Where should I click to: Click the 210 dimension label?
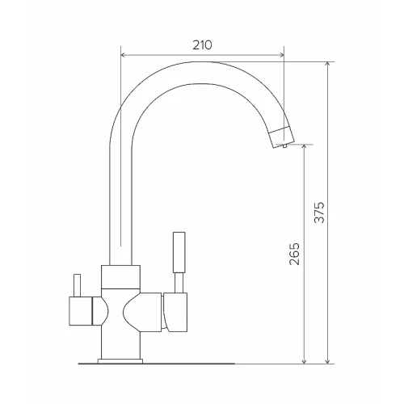click(202, 45)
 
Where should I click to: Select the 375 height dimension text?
click(319, 213)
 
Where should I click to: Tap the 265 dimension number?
click(294, 254)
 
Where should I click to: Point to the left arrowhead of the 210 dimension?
click(123, 55)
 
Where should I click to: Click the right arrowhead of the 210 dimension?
click(282, 55)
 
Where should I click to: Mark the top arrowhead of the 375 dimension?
click(327, 64)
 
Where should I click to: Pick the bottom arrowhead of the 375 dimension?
click(327, 361)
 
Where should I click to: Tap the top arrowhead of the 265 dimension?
click(304, 147)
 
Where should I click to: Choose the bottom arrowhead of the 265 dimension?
click(304, 361)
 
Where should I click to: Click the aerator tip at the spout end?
click(282, 137)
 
